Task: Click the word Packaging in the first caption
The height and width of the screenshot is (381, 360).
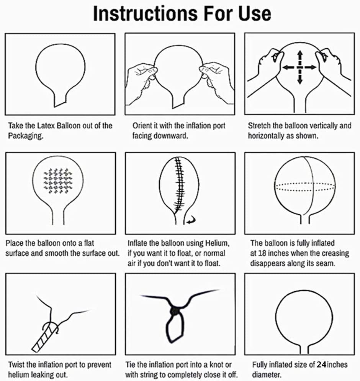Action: tap(26, 136)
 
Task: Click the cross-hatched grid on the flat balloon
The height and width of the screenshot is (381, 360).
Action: tap(58, 181)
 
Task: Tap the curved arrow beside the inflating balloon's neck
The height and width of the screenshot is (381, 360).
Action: tap(191, 220)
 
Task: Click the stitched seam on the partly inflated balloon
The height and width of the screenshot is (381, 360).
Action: tap(180, 185)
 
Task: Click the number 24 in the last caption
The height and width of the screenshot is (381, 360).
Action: tap(321, 365)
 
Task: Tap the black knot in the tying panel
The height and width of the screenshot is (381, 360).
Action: tap(175, 311)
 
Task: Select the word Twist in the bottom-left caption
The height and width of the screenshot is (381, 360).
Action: tap(16, 365)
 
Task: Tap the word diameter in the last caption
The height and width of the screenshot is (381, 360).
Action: tap(266, 374)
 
